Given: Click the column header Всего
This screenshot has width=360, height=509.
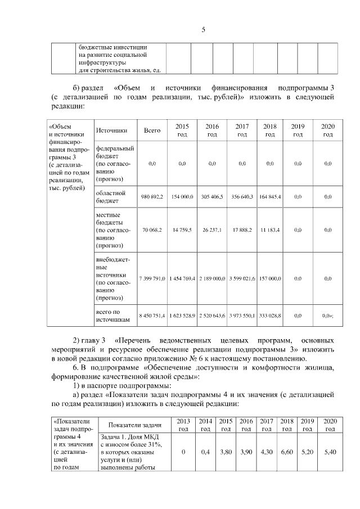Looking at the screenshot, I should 152,130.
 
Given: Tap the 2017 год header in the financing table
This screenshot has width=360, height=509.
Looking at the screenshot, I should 242,130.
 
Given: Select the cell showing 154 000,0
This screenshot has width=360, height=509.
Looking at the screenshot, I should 182,197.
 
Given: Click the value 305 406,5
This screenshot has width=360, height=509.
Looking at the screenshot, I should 211,197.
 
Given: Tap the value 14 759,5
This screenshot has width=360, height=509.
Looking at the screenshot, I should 182,230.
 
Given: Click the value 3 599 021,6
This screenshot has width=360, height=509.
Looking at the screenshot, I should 242,278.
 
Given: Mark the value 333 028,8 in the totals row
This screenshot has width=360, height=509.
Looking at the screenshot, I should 270,316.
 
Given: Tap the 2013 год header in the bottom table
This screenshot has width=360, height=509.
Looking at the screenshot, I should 183,425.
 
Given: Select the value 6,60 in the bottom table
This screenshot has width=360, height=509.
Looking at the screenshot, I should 287,452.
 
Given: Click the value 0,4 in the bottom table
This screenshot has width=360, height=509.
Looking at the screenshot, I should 205,452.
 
